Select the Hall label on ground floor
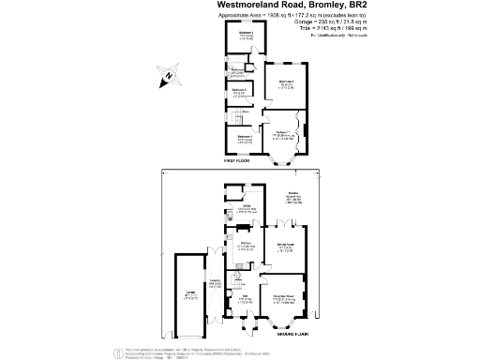point(241,299)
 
